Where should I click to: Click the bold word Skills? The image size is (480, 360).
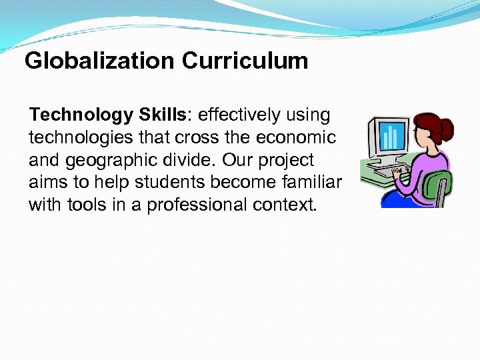[x=163, y=115]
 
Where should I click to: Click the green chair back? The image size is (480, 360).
[x=440, y=183]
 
